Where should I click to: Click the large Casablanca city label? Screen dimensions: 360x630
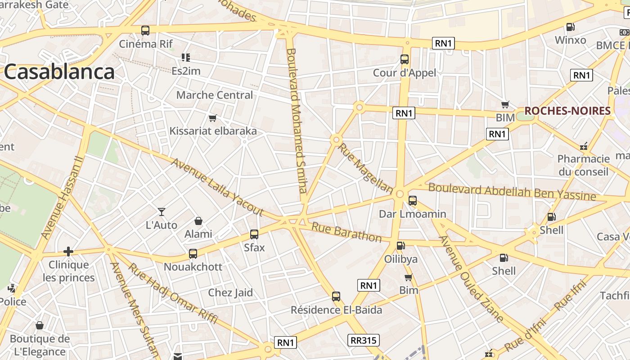[59, 72]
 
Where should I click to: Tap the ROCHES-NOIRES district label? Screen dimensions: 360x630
[567, 111]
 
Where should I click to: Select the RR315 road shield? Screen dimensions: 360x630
[363, 340]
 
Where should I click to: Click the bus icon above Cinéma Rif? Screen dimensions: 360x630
[145, 31]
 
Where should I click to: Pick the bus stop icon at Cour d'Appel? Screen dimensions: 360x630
[405, 59]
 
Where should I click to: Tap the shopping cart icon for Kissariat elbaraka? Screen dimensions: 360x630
[213, 118]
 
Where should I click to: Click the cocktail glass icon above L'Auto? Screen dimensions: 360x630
[162, 211]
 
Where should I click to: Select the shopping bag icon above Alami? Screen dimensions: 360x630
[198, 221]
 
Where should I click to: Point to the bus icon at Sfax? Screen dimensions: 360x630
[254, 234]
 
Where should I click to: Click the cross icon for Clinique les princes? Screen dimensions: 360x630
[68, 251]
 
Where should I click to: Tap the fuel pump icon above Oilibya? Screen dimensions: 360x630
[400, 246]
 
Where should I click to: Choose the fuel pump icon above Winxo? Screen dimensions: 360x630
[570, 27]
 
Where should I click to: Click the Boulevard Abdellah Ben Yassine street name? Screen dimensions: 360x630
[512, 192]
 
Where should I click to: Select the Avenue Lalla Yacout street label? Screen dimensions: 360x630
[217, 187]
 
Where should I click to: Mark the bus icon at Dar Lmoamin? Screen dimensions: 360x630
[412, 201]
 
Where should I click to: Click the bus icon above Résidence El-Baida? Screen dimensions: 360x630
[336, 297]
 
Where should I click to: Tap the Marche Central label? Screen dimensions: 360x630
[215, 95]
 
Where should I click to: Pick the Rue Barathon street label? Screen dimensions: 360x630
[346, 232]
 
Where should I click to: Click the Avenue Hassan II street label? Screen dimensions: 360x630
[62, 198]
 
